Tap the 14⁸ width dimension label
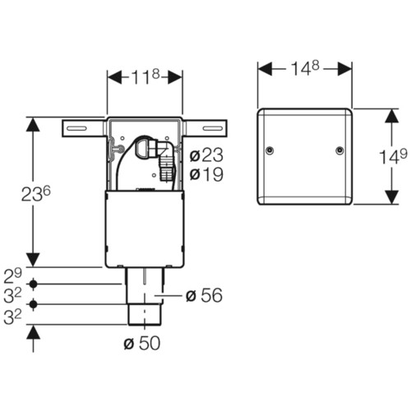[x=305, y=67]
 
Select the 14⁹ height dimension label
[x=393, y=157]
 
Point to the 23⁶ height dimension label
[x=36, y=194]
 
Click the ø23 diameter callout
[x=206, y=155]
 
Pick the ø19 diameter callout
[x=206, y=174]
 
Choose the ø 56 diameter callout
[x=204, y=296]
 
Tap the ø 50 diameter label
[x=141, y=343]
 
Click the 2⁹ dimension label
[x=12, y=276]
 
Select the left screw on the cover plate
[x=270, y=150]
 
